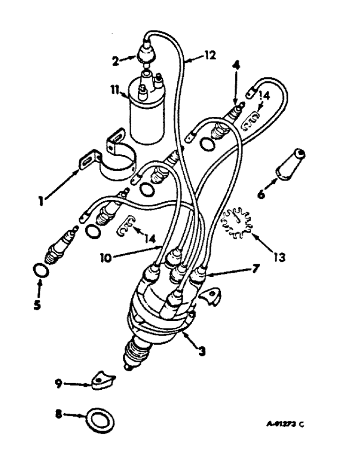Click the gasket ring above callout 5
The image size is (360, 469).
[40, 271]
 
